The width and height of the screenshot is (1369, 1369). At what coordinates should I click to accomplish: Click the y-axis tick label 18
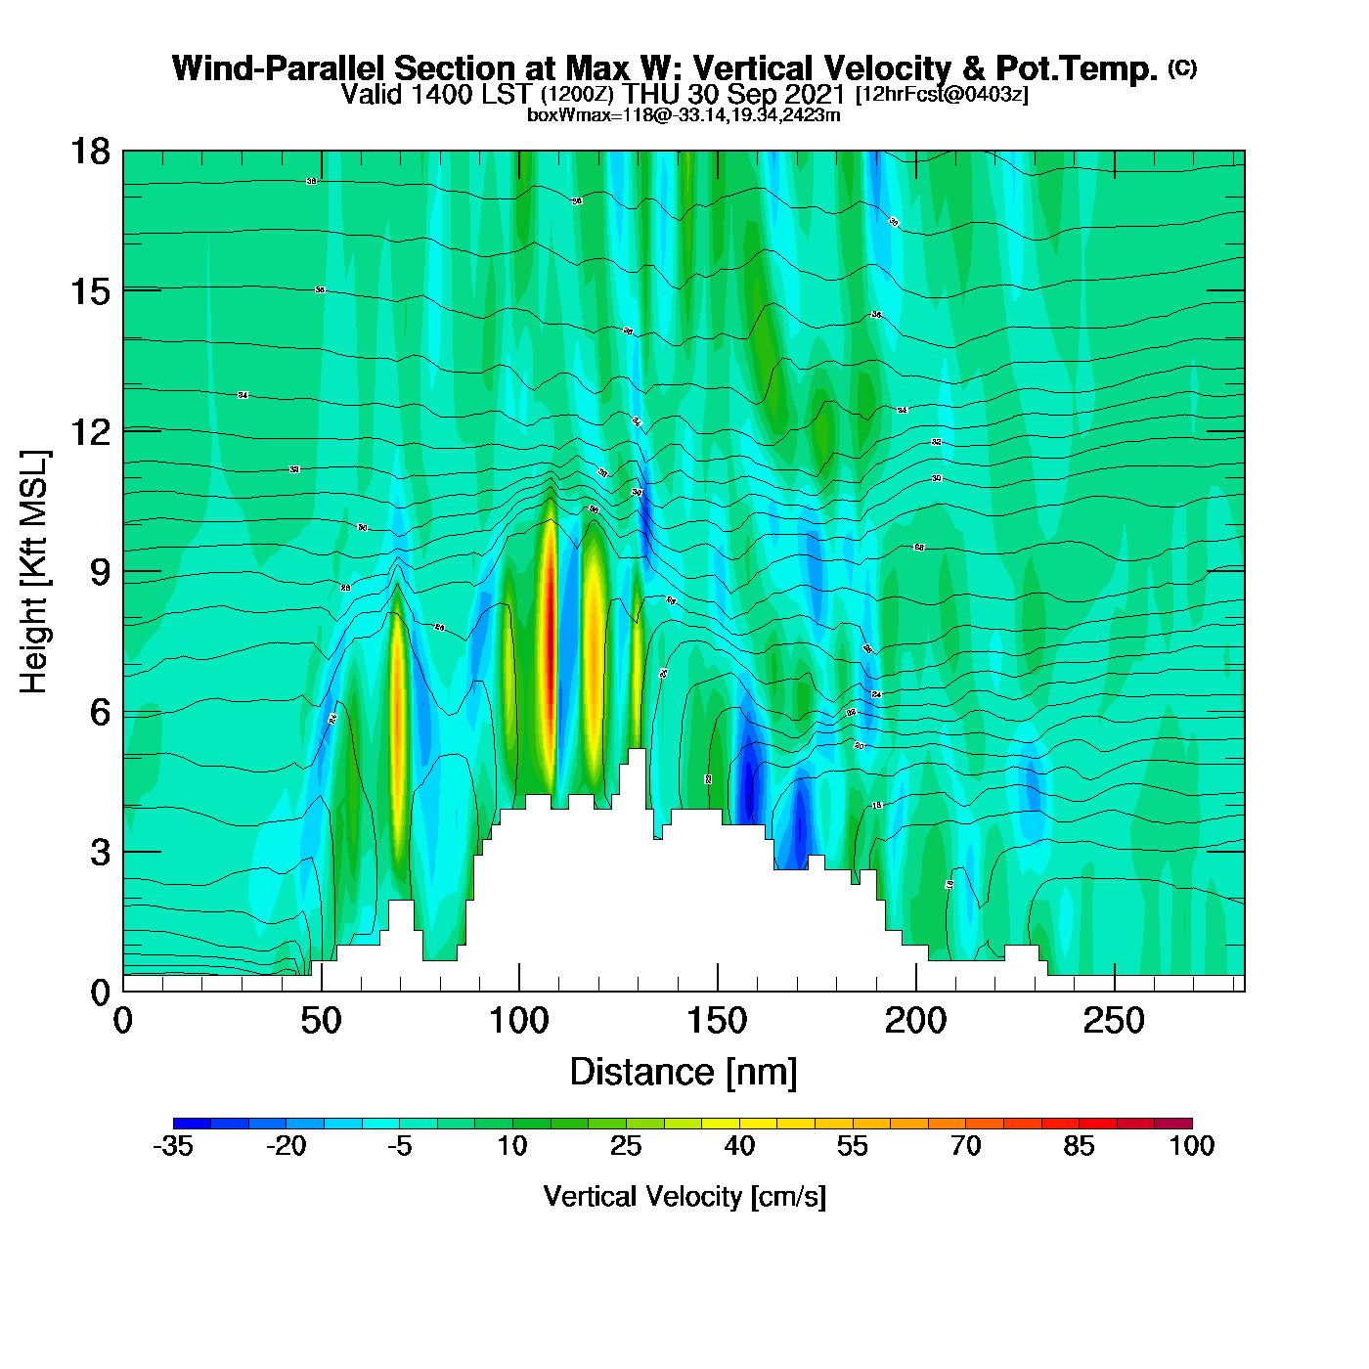point(89,152)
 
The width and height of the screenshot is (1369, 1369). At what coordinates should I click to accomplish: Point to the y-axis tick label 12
point(89,431)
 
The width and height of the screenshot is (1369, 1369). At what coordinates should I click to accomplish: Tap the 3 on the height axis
point(100,853)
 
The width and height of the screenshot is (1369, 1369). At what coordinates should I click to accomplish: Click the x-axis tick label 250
point(1113,1022)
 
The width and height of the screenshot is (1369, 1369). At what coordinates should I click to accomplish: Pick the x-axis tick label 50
point(321,1022)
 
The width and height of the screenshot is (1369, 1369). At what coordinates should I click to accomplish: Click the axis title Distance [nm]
point(684,1072)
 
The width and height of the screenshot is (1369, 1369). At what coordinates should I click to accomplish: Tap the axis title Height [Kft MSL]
point(34,572)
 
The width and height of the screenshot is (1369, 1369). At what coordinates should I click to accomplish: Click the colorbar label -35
point(173,1146)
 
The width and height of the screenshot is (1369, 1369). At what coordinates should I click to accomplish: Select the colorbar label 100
point(1192,1146)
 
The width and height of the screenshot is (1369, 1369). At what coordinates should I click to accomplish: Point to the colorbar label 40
point(739,1146)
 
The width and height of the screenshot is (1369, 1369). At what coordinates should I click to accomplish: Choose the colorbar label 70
point(966,1146)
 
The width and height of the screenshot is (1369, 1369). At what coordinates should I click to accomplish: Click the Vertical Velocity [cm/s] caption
point(684,1196)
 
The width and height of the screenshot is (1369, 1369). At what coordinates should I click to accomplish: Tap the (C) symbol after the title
point(1182,67)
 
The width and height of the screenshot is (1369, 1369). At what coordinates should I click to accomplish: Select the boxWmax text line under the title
point(684,114)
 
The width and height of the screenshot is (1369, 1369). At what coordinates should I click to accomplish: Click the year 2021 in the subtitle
point(817,95)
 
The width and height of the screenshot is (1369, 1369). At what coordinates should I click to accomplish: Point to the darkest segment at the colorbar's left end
point(192,1124)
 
